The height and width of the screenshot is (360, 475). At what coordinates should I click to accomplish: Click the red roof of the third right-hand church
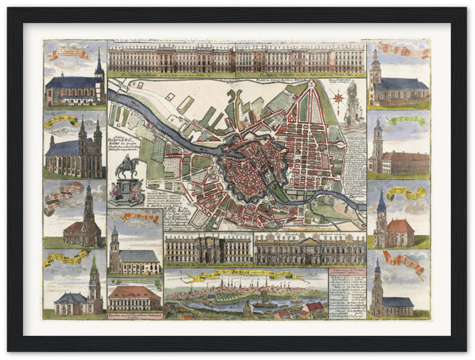click(x=400, y=226)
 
